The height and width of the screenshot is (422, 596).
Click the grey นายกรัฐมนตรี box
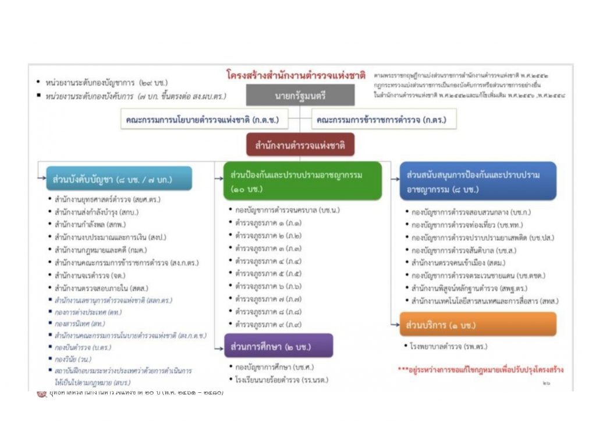coord(300,95)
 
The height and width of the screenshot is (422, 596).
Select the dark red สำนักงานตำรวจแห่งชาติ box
coord(300,145)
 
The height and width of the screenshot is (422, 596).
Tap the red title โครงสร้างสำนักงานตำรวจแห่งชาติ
coord(296,75)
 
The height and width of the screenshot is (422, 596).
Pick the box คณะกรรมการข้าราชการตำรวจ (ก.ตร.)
coord(384,119)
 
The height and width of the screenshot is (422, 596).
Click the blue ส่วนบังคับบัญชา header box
coord(119,179)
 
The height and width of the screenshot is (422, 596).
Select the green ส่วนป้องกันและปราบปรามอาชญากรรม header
coord(303,181)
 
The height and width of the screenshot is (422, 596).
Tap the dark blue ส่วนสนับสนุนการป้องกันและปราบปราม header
coord(477,181)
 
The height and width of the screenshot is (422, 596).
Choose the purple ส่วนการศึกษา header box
coord(278,346)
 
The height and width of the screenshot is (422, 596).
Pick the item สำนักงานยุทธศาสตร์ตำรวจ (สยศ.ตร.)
coord(107,199)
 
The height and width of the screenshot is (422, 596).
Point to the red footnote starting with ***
coord(480,370)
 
